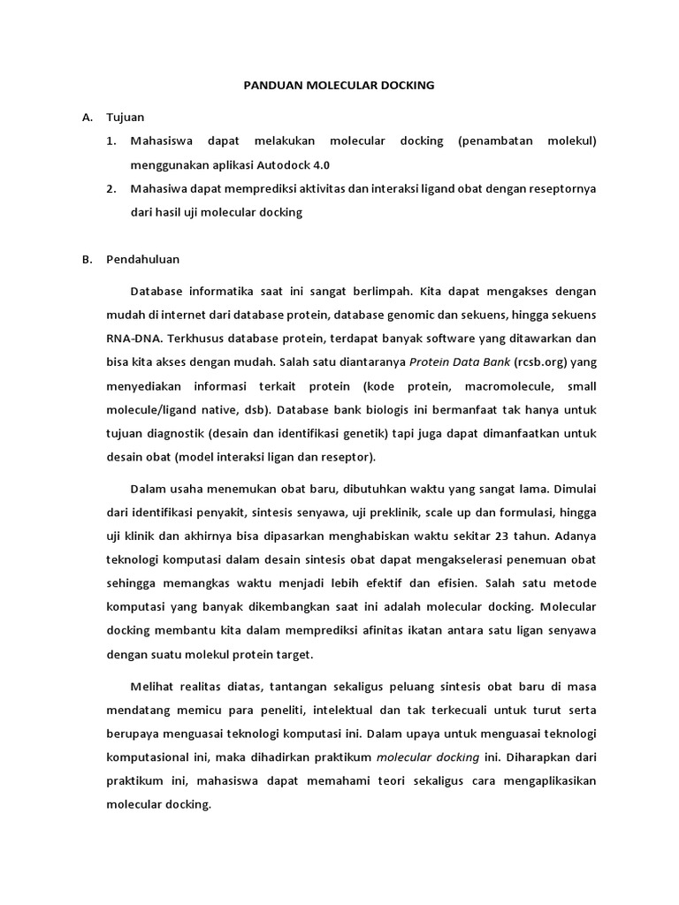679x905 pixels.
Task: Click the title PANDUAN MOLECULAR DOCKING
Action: pos(339,86)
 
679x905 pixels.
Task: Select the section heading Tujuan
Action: pos(125,117)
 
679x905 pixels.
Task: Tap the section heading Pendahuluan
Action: pos(142,260)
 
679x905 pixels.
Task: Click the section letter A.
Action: pos(87,117)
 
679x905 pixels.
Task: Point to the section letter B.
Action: pos(87,260)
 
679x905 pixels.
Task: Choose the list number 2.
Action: pos(111,188)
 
